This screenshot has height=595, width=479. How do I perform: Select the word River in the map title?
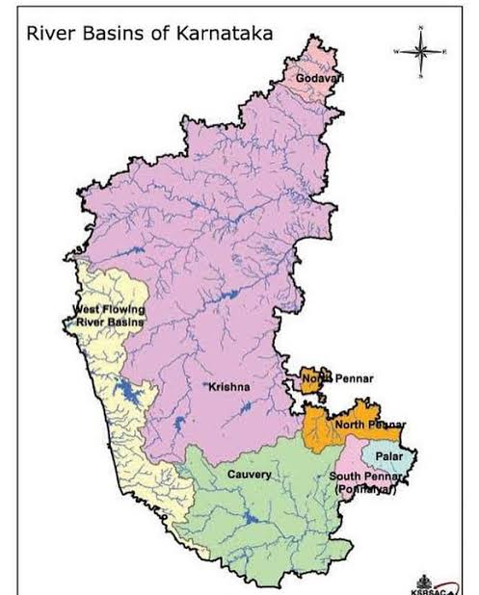(x=48, y=34)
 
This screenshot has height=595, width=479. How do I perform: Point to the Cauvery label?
(x=249, y=475)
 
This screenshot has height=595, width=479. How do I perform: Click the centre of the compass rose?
(x=420, y=50)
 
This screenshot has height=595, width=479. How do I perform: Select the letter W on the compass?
(x=395, y=50)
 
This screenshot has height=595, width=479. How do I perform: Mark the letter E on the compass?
(x=445, y=50)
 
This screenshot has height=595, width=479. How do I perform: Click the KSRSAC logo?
(x=425, y=583)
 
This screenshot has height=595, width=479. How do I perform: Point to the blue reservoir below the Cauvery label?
(x=249, y=519)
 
